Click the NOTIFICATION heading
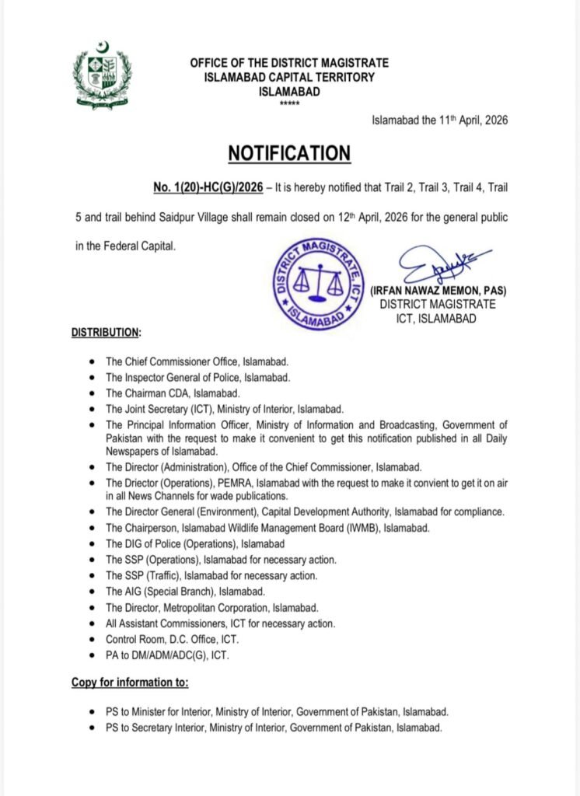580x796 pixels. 289,152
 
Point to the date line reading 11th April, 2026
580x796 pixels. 440,120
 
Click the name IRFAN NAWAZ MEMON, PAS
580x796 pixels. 438,291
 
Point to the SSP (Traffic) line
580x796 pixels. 211,576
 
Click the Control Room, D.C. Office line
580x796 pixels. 172,639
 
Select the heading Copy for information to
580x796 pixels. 130,683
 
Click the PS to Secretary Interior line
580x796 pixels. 274,728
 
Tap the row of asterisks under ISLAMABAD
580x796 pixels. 288,103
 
